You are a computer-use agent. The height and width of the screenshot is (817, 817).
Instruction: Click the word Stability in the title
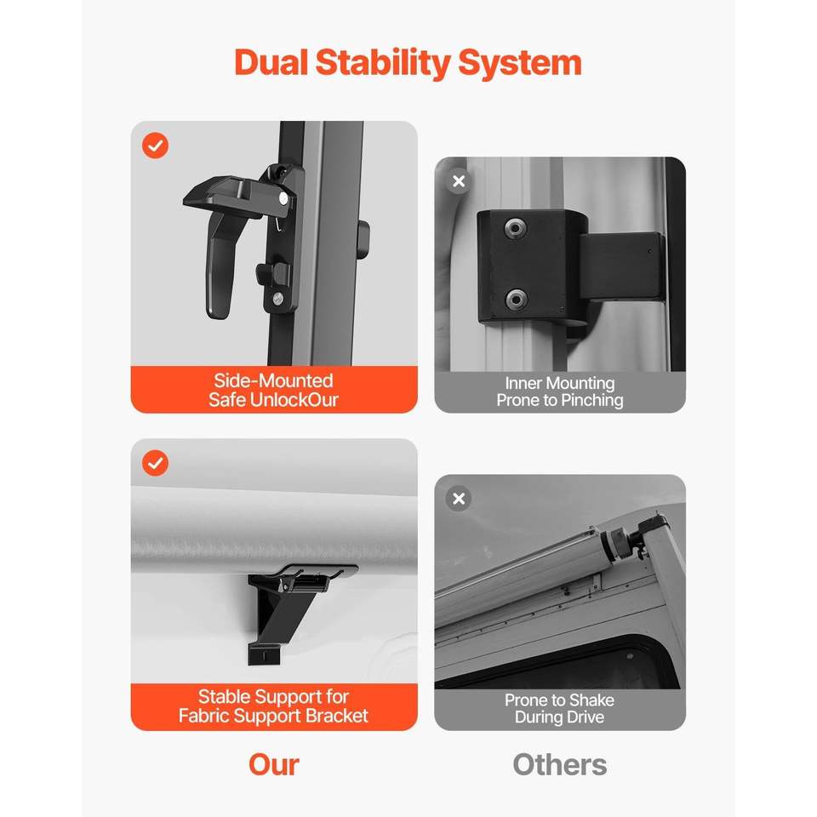pos(383,64)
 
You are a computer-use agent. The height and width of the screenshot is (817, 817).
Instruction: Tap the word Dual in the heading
pos(271,62)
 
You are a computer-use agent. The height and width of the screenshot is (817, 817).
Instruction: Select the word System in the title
pos(519,64)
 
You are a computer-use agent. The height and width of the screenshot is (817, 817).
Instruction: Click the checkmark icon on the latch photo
pos(155,146)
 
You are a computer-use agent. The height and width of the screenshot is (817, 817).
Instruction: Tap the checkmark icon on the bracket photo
pos(155,463)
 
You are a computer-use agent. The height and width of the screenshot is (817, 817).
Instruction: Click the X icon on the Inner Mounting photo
pos(459,181)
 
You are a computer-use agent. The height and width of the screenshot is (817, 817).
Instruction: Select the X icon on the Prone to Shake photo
pos(459,499)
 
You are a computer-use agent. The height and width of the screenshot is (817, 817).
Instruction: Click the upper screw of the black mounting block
pos(516,228)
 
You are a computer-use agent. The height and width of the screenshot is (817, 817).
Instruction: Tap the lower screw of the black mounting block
pos(516,299)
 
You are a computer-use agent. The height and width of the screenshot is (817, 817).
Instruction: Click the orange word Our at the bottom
pos(274,765)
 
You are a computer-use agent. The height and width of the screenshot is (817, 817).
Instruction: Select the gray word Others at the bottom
pos(560,765)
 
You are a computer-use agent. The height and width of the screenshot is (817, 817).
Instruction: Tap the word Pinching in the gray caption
pos(592,400)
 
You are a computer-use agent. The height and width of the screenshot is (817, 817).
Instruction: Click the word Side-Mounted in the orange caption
pos(273,381)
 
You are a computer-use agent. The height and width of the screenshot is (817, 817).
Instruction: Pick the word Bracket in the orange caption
pos(337,716)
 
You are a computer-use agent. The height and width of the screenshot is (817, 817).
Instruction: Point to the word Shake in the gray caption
pos(591,700)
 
